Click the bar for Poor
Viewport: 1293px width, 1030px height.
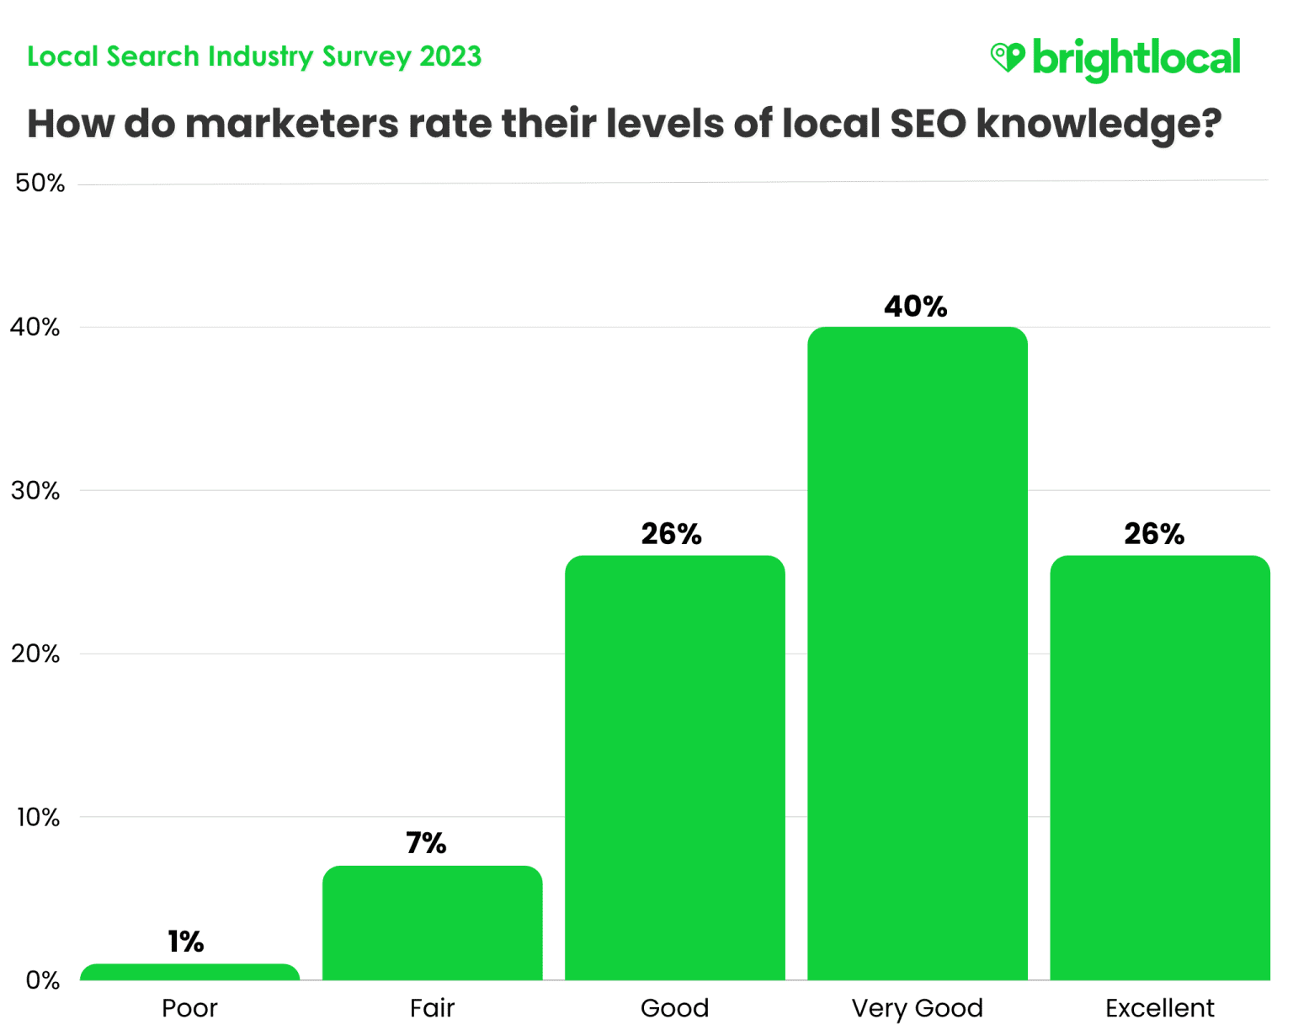coord(189,972)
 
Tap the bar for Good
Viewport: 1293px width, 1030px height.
coord(674,767)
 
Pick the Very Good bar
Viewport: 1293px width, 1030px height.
coord(917,654)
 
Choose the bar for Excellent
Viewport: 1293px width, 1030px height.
coord(1159,767)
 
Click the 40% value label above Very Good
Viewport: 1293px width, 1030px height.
coord(916,307)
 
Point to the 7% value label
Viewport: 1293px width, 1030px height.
coord(426,843)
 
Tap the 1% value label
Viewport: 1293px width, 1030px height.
coord(186,942)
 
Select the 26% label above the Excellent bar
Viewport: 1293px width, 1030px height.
coord(1154,534)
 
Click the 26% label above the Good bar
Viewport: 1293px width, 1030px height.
coord(671,534)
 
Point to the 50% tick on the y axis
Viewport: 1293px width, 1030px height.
coord(40,184)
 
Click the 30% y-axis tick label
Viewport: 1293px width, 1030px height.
coord(35,491)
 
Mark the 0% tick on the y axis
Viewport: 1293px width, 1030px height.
coord(42,980)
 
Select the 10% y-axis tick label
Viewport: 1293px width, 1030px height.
coord(37,817)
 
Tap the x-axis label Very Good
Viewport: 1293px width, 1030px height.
coord(917,1008)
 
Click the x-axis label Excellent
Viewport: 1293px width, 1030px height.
coord(1159,1008)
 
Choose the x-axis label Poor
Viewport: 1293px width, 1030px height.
coord(189,1008)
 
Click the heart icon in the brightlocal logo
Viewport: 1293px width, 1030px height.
coord(1007,57)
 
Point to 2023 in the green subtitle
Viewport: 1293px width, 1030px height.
coord(450,56)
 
